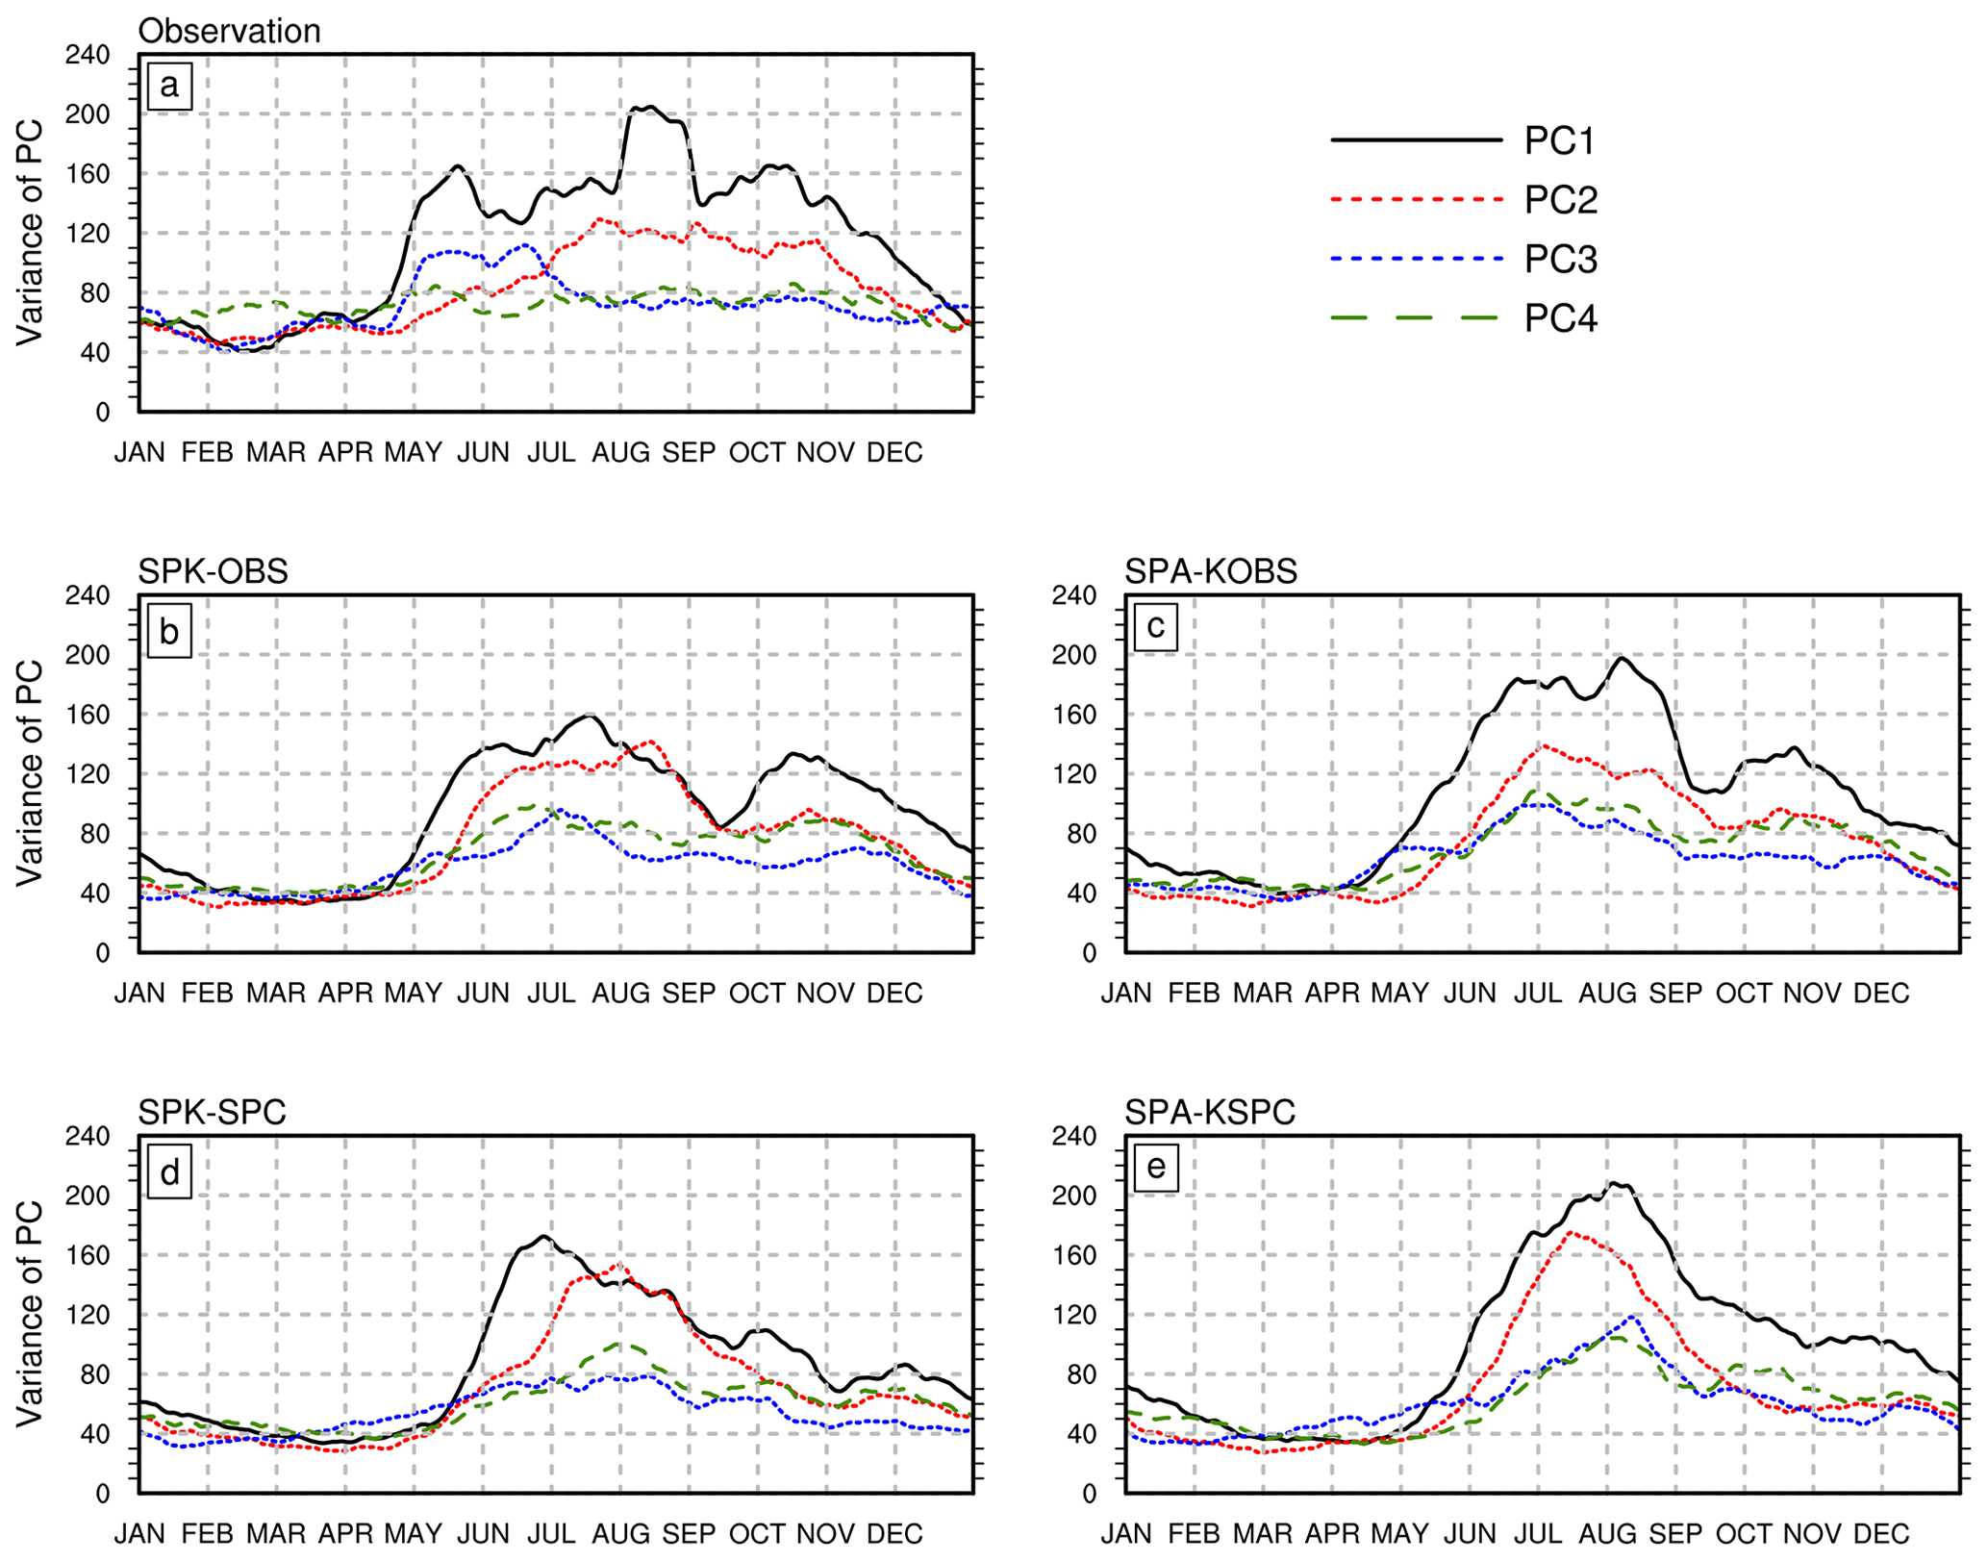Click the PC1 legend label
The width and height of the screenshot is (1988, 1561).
1559,141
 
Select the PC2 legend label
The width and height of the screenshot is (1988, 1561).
1560,200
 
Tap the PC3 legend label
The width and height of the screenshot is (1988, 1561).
1560,260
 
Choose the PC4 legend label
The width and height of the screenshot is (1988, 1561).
1560,318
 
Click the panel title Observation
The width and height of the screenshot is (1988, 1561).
229,32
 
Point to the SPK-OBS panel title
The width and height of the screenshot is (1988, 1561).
213,572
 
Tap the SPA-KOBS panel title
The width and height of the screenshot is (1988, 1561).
1211,572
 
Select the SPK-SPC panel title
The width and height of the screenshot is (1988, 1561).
212,1113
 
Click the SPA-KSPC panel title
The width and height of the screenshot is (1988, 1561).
1210,1113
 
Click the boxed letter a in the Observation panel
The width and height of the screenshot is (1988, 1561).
169,87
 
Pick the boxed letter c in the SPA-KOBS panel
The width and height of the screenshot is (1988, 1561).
1156,627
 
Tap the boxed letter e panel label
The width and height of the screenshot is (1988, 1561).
1156,1168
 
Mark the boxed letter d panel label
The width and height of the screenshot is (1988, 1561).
169,1173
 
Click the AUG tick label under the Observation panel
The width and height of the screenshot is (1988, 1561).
620,453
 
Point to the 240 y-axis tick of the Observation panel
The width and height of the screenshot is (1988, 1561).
88,55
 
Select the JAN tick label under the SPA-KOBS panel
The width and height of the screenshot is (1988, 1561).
1126,994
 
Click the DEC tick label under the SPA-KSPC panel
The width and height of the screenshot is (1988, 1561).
1881,1534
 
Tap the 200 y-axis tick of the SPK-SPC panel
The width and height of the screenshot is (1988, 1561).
88,1196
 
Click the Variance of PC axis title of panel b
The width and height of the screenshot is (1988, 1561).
30,772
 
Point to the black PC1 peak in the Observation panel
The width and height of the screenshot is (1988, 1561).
650,107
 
